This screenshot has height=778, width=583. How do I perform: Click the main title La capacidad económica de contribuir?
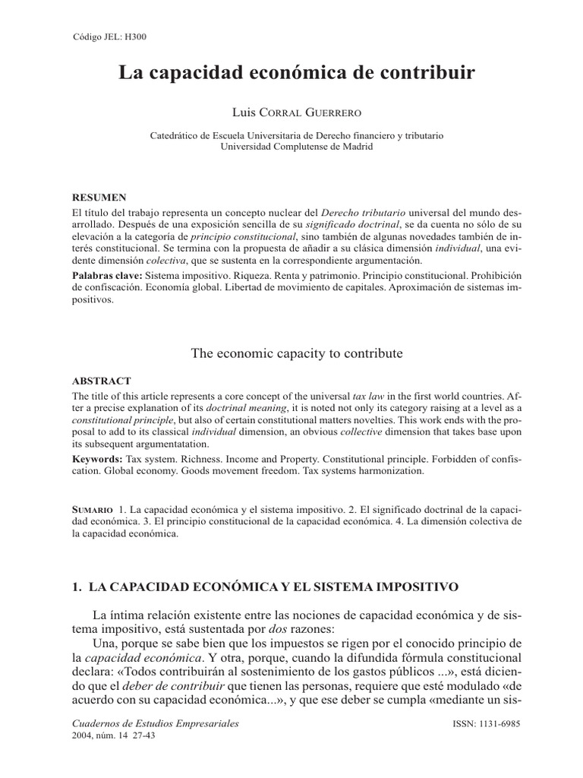297,74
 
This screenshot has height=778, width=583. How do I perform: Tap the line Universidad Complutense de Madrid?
297,147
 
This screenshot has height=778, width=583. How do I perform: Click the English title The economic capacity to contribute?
296,353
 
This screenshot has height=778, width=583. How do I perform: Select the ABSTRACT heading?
102,381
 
